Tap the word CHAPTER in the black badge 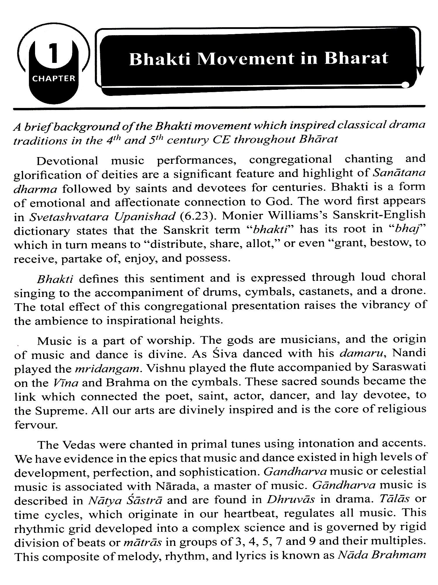[54, 79]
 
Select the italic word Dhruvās [291, 500]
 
